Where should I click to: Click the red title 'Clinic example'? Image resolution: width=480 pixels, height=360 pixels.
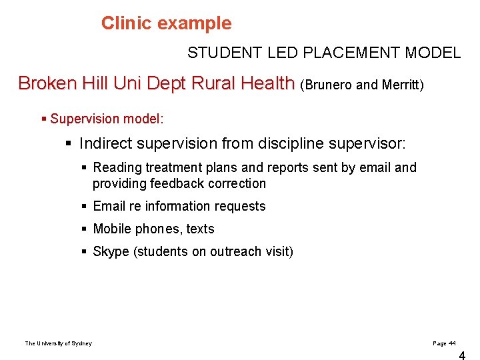coord(166,23)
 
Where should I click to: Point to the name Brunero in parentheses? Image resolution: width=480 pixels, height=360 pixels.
coord(331,85)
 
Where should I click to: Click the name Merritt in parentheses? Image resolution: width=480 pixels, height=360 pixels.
coord(399,85)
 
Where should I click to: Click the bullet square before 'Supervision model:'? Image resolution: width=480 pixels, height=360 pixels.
coord(44,119)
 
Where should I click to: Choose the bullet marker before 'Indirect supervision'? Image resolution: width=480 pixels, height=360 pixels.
coord(69,143)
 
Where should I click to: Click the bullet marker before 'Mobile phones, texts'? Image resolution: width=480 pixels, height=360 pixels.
coord(84,229)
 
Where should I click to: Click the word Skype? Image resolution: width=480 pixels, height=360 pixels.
coord(110,251)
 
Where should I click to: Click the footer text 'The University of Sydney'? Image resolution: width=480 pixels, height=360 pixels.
coord(59,343)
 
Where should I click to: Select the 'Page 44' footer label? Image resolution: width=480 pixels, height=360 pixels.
coord(444,343)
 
